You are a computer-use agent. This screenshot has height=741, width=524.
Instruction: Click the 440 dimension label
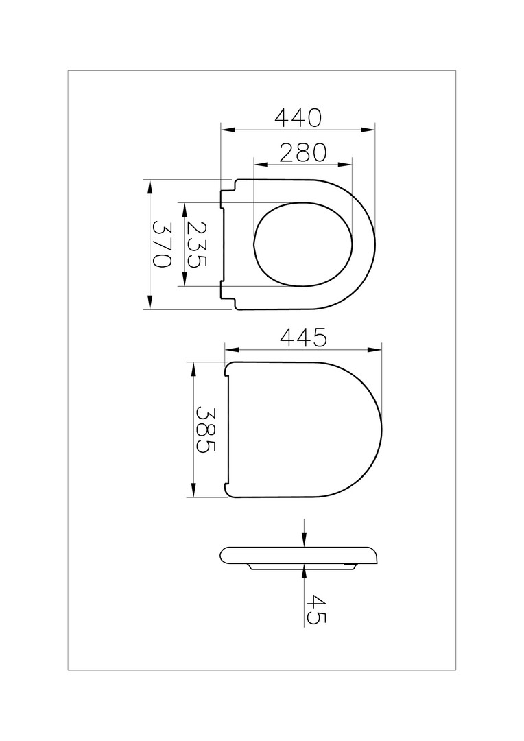tap(298, 118)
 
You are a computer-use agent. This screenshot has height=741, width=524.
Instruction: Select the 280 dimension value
tap(303, 152)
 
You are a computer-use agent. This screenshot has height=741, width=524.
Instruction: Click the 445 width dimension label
tap(303, 338)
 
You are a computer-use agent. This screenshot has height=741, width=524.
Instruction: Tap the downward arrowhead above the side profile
tap(305, 541)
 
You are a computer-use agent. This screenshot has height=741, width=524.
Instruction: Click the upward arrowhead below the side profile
tap(305, 572)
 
